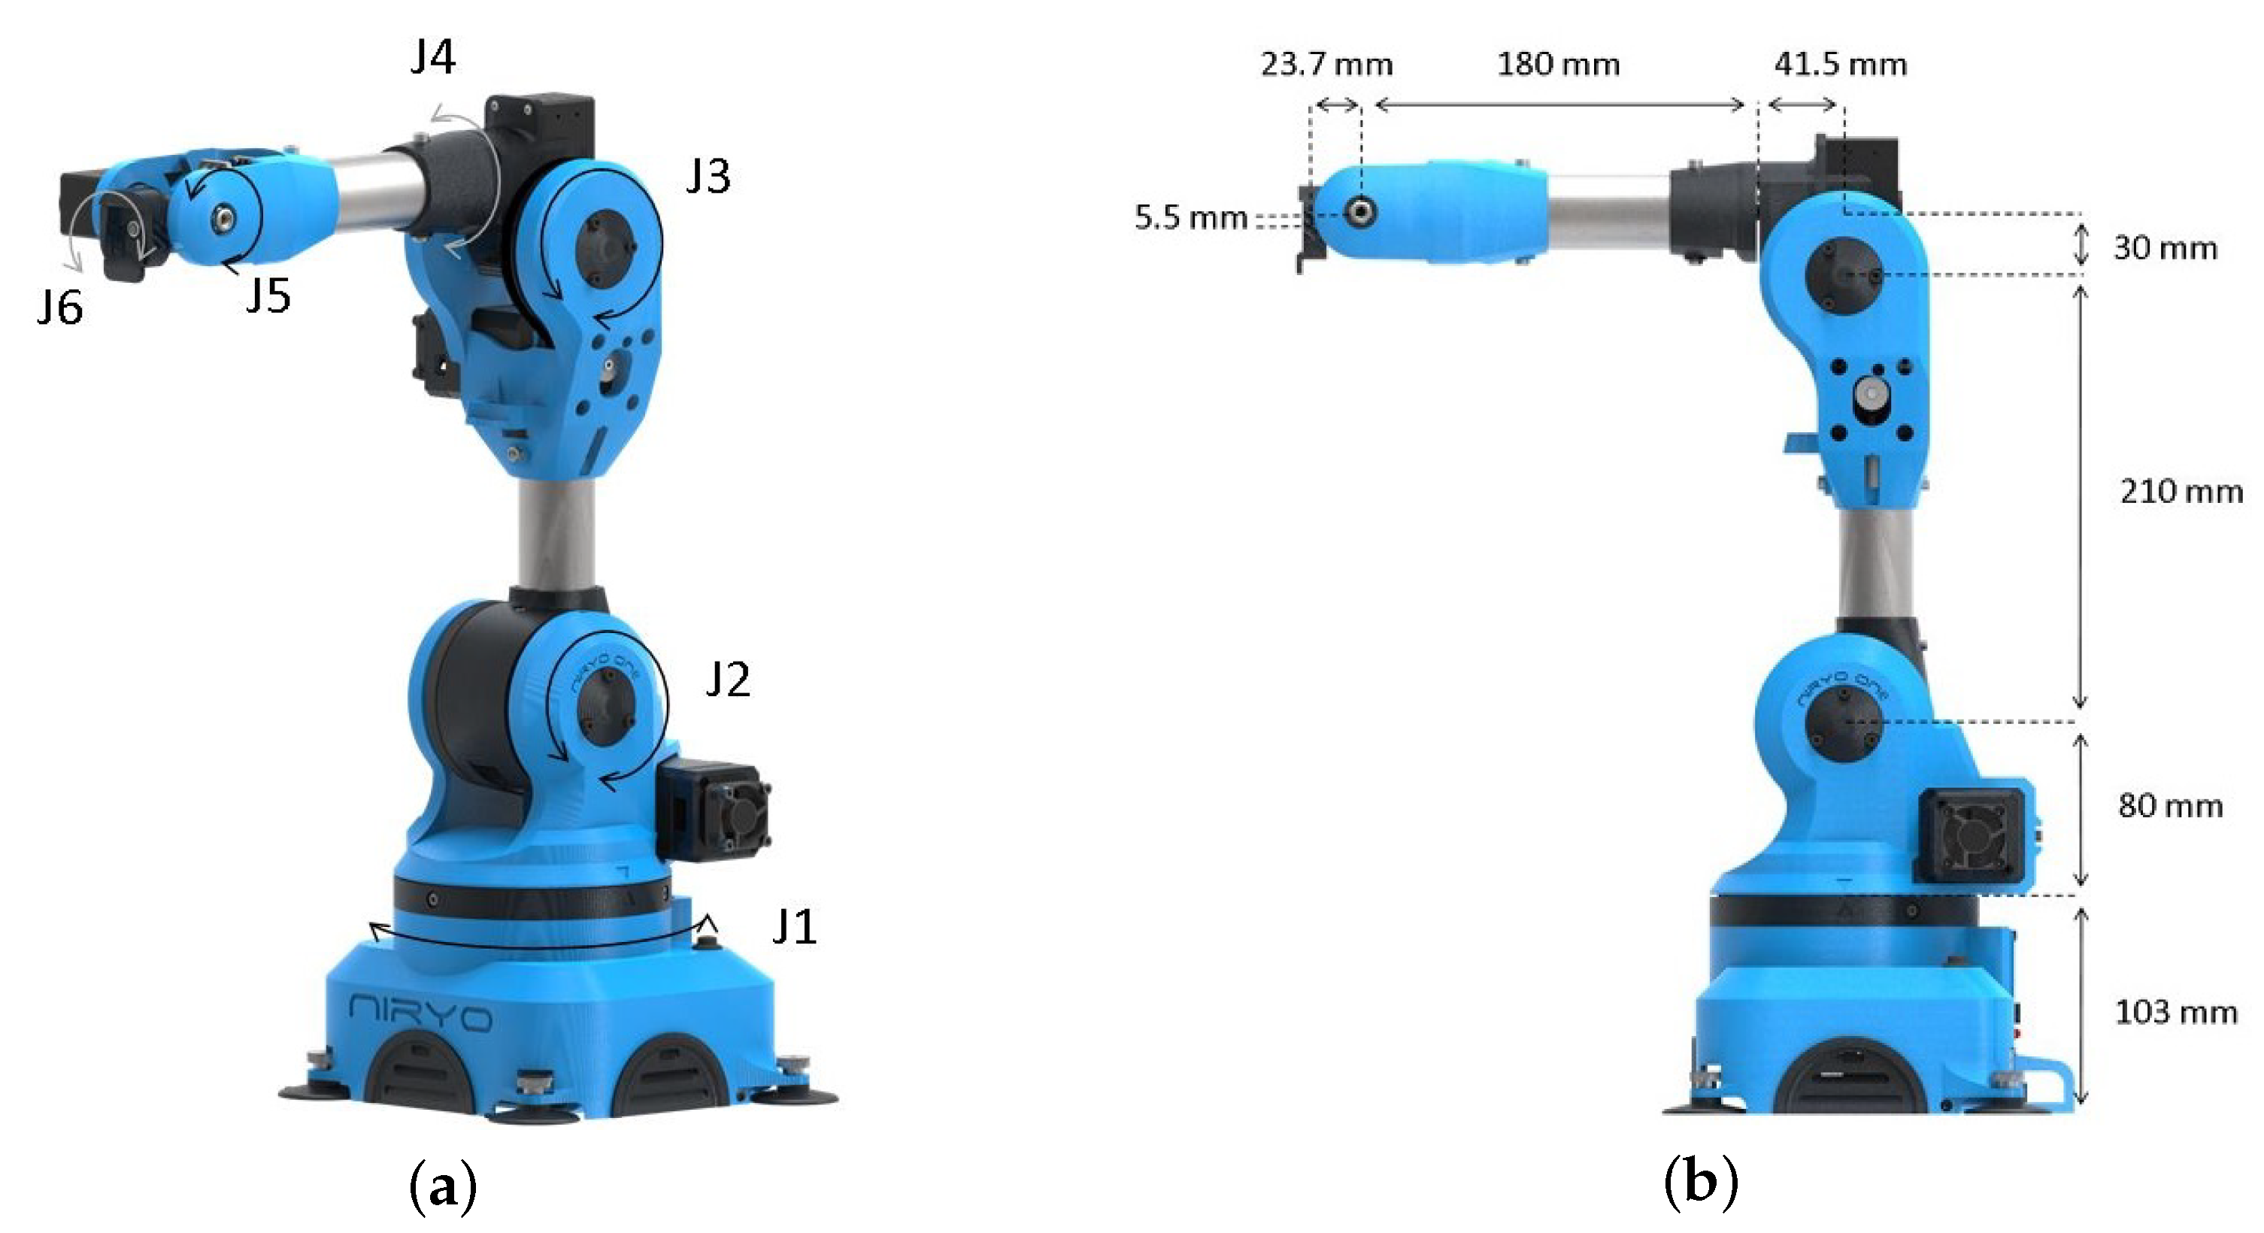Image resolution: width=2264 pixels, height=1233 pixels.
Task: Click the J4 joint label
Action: point(432,58)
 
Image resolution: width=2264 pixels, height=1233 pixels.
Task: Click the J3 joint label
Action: point(708,177)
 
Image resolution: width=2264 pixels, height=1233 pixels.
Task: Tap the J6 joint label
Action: point(59,308)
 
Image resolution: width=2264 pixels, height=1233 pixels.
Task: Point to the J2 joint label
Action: point(728,680)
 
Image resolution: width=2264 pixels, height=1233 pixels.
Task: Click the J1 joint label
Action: point(793,927)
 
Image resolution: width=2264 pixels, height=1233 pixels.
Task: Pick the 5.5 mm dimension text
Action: point(1190,218)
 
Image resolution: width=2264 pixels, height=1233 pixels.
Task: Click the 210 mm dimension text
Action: point(2181,491)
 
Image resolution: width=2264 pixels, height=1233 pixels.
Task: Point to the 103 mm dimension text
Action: point(2175,1013)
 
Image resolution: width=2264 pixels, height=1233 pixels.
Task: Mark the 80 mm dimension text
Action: point(2170,806)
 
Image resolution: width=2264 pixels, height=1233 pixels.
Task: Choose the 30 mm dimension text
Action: point(2165,249)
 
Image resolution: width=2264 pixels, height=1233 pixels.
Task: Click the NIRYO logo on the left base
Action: point(420,1014)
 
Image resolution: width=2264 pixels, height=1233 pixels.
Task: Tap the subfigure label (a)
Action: point(443,1186)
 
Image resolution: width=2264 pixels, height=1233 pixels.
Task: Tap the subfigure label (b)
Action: point(1701,1183)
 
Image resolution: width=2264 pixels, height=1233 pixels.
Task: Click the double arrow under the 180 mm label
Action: point(1558,105)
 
